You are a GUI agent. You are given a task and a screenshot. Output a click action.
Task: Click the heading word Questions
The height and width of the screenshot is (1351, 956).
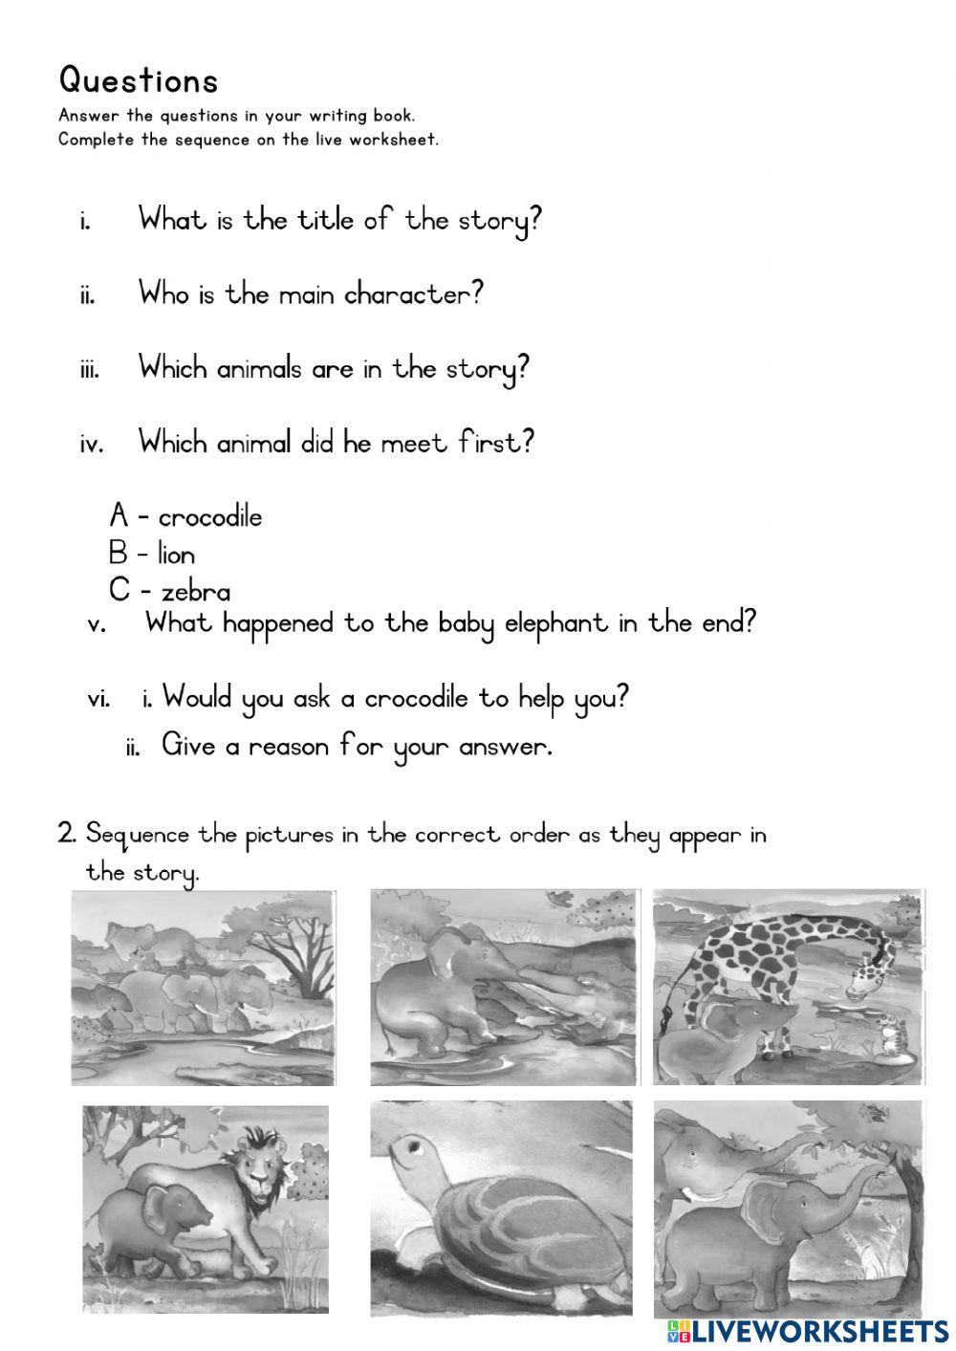pos(139,80)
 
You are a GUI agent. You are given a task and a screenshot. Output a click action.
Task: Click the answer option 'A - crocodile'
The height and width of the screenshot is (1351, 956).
pos(185,516)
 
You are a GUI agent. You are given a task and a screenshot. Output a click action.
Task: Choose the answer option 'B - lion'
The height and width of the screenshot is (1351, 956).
pos(152,554)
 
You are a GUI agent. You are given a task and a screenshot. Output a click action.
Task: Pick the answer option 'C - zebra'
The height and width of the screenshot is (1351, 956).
pos(169,591)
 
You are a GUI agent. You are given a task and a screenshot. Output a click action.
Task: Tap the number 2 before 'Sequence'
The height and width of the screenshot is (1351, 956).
pos(66,834)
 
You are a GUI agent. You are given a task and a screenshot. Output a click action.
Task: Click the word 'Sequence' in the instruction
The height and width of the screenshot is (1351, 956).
pos(138,835)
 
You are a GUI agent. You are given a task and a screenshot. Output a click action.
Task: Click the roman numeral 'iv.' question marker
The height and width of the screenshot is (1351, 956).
pos(91,444)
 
